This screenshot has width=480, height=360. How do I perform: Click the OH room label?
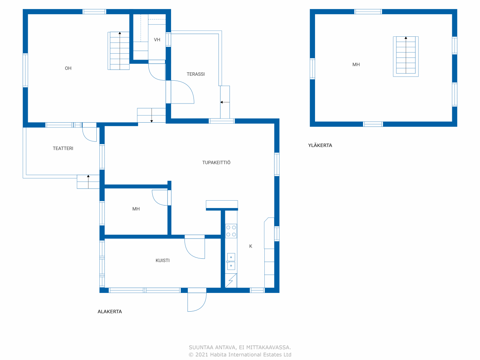(68, 68)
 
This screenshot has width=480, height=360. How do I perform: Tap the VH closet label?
(157, 40)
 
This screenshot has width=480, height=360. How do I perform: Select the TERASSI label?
(196, 74)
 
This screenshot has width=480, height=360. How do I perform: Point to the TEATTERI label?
(63, 148)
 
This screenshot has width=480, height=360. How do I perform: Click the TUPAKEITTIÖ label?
(216, 162)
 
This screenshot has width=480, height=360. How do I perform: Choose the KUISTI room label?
(162, 260)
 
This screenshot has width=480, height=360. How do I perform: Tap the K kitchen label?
(250, 246)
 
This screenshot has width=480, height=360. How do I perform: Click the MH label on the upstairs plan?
(356, 64)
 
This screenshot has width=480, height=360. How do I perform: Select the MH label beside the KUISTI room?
(136, 209)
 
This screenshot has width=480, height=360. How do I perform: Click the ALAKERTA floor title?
(110, 312)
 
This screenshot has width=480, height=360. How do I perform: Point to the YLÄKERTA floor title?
(320, 145)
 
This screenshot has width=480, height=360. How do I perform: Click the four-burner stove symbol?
(231, 231)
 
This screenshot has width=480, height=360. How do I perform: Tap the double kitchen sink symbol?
(231, 262)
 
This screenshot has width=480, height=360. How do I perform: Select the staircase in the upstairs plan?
(406, 56)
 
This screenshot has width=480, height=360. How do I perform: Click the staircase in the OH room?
(119, 51)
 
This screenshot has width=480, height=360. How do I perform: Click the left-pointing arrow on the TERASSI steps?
(225, 102)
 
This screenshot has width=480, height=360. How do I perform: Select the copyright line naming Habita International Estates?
(240, 354)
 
